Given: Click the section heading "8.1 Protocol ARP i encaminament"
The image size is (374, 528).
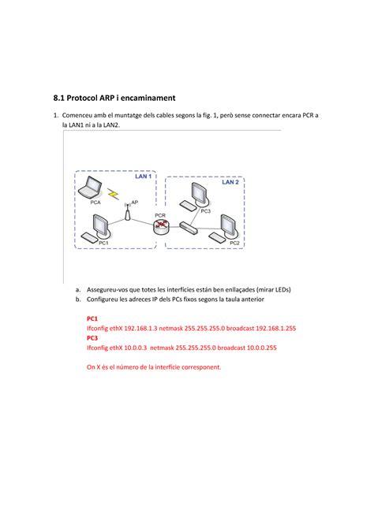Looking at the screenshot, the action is coord(114,98).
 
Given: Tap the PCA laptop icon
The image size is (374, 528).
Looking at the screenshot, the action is coord(90,187).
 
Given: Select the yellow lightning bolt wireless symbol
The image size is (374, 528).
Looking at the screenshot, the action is coord(114,194).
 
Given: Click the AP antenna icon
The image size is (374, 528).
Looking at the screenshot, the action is coord(127,212).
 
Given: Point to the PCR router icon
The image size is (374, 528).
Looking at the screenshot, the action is coord(160,227).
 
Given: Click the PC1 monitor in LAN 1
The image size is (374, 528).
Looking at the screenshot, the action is coord(101,226).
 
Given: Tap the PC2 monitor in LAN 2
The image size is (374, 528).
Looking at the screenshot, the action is coord(230,226).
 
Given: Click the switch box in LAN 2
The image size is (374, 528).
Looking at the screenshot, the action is coord(188,228).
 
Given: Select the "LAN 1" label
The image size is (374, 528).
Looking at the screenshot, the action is coord(144,176).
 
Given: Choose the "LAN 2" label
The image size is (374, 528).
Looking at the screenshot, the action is coord(230,182).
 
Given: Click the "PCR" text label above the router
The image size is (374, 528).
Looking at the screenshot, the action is coord(160,215).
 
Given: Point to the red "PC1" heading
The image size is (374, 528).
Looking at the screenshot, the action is coord(92,318).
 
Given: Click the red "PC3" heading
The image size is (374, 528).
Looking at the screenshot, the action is coord(92,338).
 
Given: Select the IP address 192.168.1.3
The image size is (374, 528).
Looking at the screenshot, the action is coord(140,329).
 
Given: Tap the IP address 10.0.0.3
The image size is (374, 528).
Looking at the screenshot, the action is coord(135,348).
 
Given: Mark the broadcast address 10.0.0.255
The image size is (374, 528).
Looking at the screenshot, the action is coord(262,348).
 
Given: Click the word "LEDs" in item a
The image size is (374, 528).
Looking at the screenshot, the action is coord(282,289).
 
